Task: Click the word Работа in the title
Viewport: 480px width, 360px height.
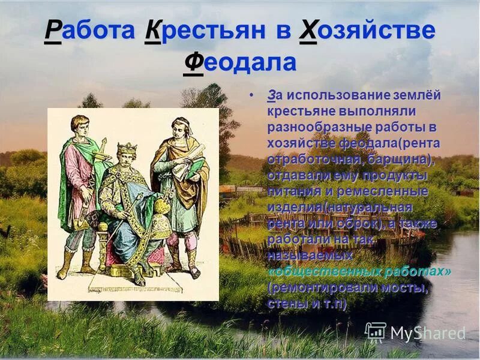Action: coord(89,32)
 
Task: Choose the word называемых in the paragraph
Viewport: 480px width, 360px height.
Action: coord(309,256)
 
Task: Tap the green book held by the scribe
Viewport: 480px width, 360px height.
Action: coord(194,169)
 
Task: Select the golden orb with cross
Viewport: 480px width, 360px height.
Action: coord(161,207)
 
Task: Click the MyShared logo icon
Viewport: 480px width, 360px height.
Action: coord(376,332)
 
